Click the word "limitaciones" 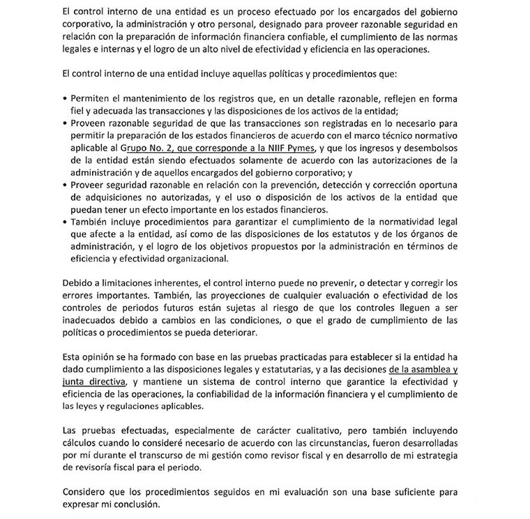pos(123,283)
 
